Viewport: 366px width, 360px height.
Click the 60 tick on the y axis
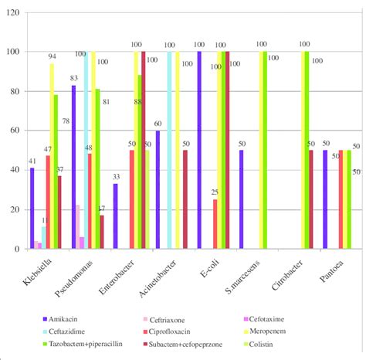pyautogui.click(x=15, y=131)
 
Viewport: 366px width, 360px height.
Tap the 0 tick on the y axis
pyautogui.click(x=18, y=249)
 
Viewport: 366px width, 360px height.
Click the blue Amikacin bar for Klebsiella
pyautogui.click(x=32, y=209)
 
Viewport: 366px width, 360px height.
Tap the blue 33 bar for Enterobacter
pyautogui.click(x=116, y=216)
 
